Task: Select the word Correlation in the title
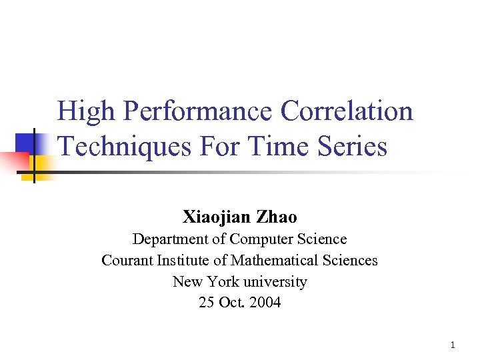(x=347, y=111)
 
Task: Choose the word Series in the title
(x=354, y=146)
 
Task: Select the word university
(x=276, y=281)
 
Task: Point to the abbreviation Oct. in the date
(x=229, y=303)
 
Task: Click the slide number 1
(x=453, y=345)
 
